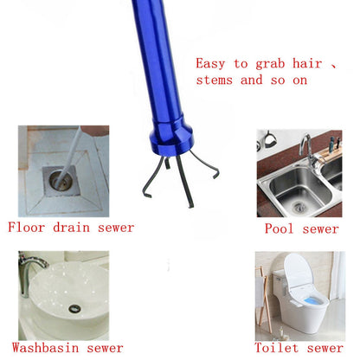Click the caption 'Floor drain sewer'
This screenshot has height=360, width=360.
[x=71, y=228]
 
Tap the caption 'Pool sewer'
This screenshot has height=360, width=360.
[x=301, y=228]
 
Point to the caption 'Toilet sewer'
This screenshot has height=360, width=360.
[x=299, y=350]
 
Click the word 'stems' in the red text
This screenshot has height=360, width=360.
[x=215, y=80]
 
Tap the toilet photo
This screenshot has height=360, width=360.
[x=299, y=295]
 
